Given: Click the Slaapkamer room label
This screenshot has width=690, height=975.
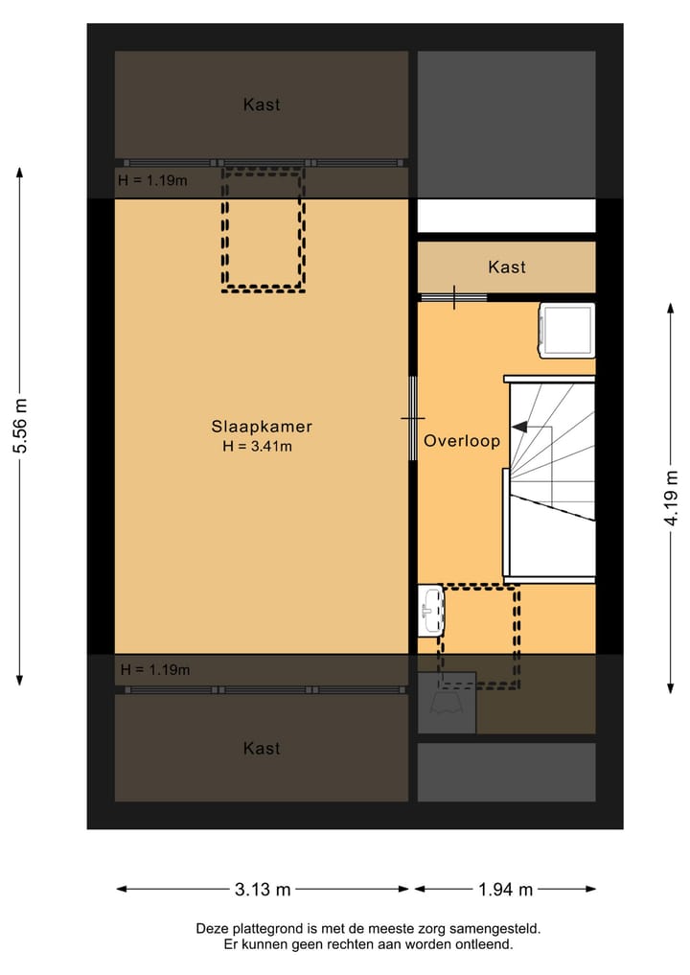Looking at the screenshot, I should click(x=262, y=427).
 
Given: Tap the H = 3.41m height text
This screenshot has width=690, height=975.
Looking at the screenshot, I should click(x=257, y=446).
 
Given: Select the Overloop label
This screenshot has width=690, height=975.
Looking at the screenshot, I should click(x=462, y=441).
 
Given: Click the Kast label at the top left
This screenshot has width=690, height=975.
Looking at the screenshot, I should click(x=262, y=104).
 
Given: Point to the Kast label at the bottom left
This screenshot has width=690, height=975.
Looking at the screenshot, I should click(x=262, y=748).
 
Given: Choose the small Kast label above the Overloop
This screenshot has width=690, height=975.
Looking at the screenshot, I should click(x=506, y=267).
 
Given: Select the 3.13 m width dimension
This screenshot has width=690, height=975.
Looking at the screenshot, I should click(x=263, y=890).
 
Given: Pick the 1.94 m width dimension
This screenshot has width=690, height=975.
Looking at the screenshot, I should click(x=505, y=890).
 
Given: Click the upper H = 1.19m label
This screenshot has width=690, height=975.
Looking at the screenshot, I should click(x=152, y=179).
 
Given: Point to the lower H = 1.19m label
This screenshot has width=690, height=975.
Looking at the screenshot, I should click(x=154, y=669).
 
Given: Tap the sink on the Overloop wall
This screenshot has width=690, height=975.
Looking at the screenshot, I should click(x=431, y=611).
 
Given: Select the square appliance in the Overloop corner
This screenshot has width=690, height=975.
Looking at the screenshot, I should click(x=565, y=330).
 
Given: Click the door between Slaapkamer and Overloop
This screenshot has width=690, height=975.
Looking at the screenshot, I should click(x=413, y=418).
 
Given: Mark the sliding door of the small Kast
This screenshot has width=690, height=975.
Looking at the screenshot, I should click(x=453, y=298).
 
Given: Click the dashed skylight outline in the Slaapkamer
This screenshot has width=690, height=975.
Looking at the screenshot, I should click(x=264, y=229).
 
